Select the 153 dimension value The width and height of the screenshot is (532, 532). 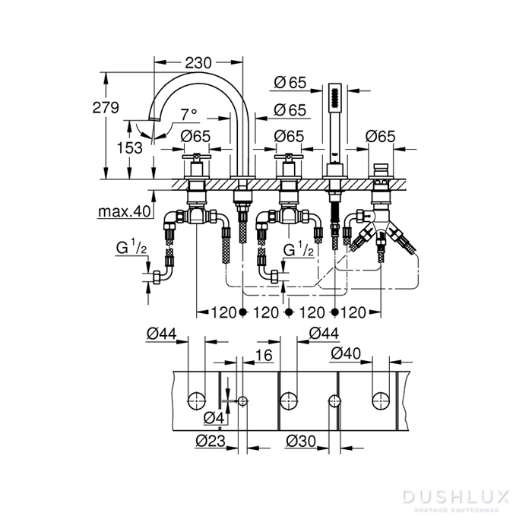point(130,148)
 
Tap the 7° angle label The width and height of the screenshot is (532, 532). point(188,115)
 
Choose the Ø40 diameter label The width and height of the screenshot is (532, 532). point(346,353)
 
